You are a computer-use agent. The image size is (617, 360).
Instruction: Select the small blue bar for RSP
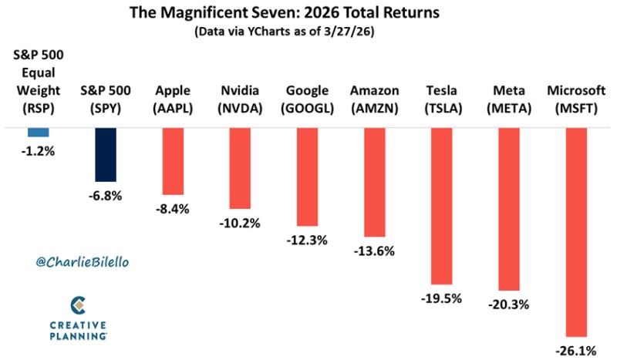tap(39, 133)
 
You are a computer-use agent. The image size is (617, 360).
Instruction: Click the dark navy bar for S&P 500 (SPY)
tap(105, 155)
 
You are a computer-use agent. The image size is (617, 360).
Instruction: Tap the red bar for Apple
tap(172, 161)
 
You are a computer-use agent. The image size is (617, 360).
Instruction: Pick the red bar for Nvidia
tap(240, 168)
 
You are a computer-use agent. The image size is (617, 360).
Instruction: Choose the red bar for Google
tap(307, 176)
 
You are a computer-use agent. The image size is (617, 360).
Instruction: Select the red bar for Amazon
tap(374, 182)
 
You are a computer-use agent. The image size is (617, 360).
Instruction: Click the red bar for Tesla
tap(442, 206)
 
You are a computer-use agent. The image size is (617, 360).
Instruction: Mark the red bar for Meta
tap(509, 209)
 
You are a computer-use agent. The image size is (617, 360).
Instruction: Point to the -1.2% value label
tap(39, 151)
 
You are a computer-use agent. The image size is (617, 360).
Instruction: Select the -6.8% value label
tap(105, 195)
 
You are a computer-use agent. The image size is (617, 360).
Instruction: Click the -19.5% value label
tap(442, 298)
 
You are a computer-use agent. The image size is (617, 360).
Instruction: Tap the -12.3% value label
tap(307, 239)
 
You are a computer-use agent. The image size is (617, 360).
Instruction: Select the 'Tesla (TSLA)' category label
tap(442, 99)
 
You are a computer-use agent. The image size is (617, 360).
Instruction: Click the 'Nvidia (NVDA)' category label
tap(240, 99)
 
